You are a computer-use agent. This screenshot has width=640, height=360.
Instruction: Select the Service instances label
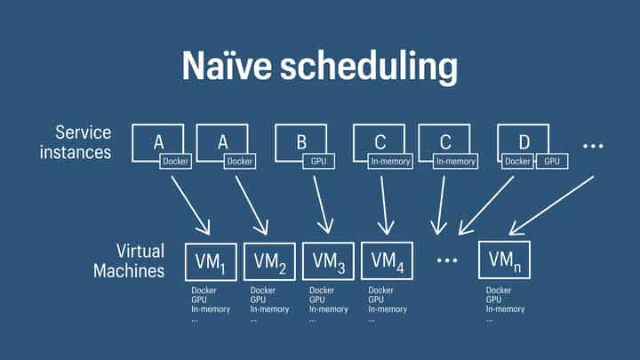click(83, 142)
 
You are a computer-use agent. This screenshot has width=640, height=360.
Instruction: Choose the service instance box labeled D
click(523, 142)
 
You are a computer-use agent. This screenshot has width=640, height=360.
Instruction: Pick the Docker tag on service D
click(518, 162)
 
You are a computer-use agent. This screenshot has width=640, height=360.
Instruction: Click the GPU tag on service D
click(552, 162)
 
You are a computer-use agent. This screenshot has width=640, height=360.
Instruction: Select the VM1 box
click(211, 261)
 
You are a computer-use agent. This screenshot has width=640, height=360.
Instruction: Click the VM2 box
click(269, 261)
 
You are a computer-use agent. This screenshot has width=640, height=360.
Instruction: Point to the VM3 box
click(328, 261)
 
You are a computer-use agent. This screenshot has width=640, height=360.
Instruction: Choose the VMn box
click(504, 260)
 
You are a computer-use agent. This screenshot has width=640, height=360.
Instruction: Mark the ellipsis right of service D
click(594, 143)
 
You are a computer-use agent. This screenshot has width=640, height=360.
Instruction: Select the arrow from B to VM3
click(322, 203)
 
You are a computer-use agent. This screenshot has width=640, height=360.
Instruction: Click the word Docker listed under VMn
click(499, 290)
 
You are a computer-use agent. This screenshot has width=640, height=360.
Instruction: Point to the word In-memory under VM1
click(211, 309)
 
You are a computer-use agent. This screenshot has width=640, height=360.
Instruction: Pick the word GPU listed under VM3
click(316, 300)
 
